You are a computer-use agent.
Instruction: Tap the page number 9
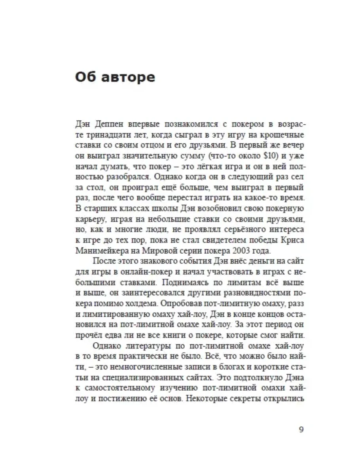click(x=301, y=430)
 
